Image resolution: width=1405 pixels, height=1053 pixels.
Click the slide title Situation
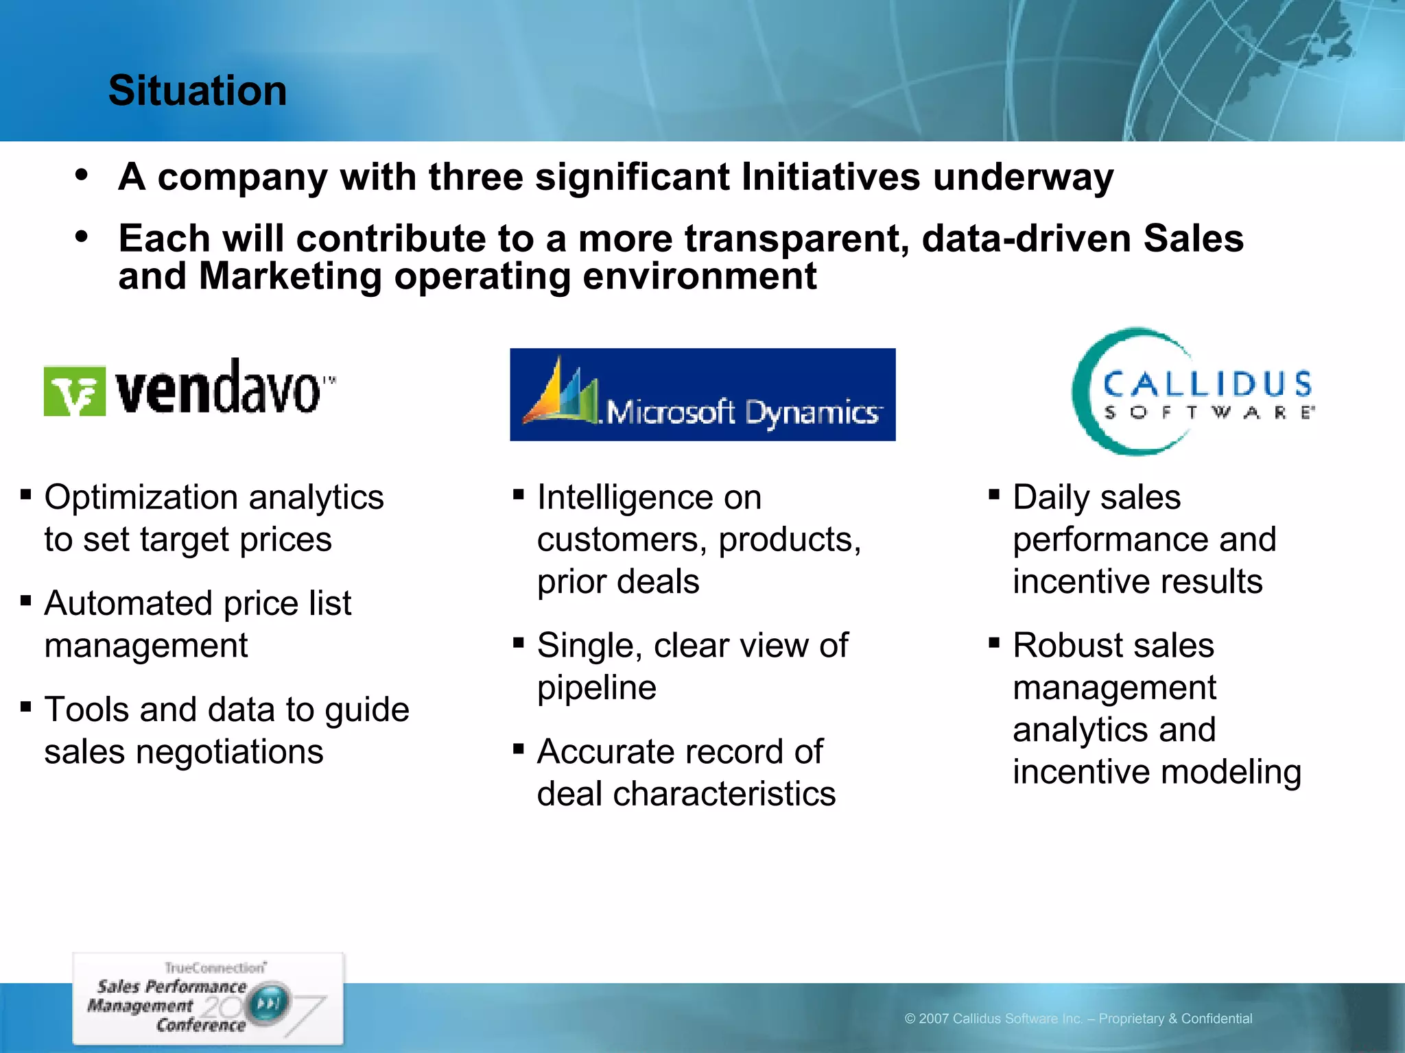pyautogui.click(x=198, y=90)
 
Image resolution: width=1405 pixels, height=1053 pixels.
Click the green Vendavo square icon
pyautogui.click(x=75, y=391)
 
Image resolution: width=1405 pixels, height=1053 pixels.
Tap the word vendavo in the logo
pyautogui.click(x=218, y=389)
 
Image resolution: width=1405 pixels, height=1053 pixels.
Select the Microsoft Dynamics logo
pyautogui.click(x=702, y=395)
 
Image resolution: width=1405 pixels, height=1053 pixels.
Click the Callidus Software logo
pyautogui.click(x=1192, y=392)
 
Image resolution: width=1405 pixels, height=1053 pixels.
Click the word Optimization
pyautogui.click(x=140, y=498)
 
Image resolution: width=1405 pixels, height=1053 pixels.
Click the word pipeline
pyautogui.click(x=596, y=688)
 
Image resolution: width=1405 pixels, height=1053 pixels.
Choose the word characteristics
pyautogui.click(x=724, y=794)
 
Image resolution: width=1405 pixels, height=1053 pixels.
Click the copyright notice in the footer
pyautogui.click(x=1078, y=1019)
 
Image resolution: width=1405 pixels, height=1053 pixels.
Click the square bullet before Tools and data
pyautogui.click(x=26, y=706)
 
